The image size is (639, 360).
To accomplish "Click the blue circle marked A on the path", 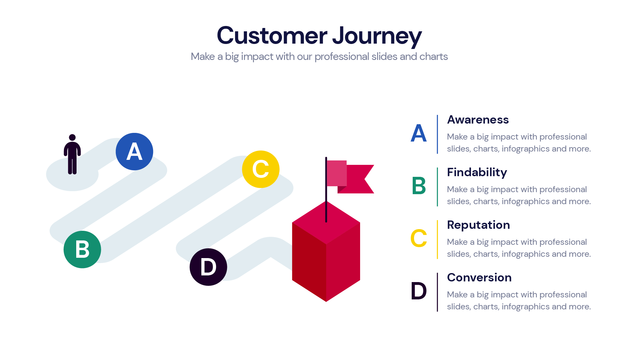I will pos(134,152).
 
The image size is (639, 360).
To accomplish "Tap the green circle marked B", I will pos(82,249).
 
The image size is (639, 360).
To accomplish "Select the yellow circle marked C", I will pos(261,169).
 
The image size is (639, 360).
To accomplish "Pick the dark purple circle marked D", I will pos(208,267).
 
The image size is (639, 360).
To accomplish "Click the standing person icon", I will pos(72,155).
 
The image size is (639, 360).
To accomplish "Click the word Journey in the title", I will pos(377,36).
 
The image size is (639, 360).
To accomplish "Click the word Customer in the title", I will pos(272,35).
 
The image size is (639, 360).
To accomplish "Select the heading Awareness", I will pos(478,120).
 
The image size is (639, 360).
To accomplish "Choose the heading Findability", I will pos(477,173).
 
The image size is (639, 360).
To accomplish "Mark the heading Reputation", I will pos(478,225).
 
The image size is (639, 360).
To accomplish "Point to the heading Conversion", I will pos(479,278).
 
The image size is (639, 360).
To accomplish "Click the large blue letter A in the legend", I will pos(419,133).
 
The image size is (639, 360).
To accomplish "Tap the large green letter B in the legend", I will pos(419,186).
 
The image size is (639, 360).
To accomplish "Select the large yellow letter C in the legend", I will pos(419,238).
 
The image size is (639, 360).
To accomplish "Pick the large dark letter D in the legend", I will pos(419,291).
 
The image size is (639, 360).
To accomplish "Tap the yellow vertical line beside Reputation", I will pos(437,239).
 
